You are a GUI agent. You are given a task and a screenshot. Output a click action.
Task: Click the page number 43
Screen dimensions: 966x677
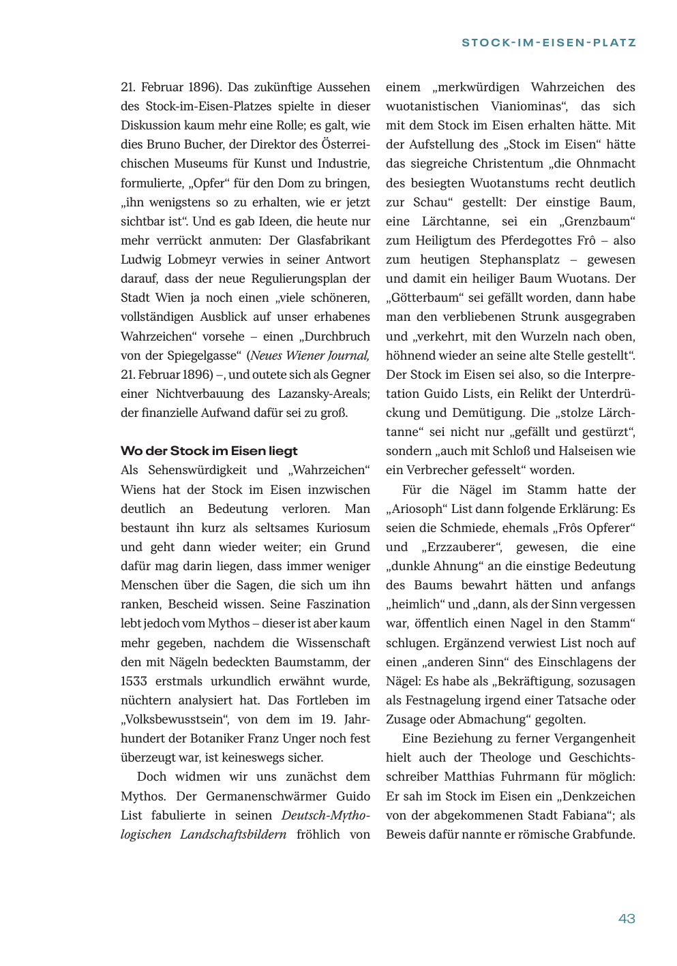tap(626, 918)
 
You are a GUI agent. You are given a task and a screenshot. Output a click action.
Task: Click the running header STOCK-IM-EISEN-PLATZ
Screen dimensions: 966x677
tap(549, 42)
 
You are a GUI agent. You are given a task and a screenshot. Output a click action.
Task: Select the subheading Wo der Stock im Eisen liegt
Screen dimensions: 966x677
tap(209, 451)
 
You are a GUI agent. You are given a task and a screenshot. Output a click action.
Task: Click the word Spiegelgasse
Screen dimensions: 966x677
tap(202, 355)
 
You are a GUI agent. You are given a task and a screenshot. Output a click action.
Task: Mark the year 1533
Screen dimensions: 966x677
tap(134, 681)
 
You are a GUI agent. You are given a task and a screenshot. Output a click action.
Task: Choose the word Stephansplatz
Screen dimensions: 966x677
tap(519, 260)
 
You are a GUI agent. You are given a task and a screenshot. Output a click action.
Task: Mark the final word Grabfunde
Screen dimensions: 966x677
tap(604, 835)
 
